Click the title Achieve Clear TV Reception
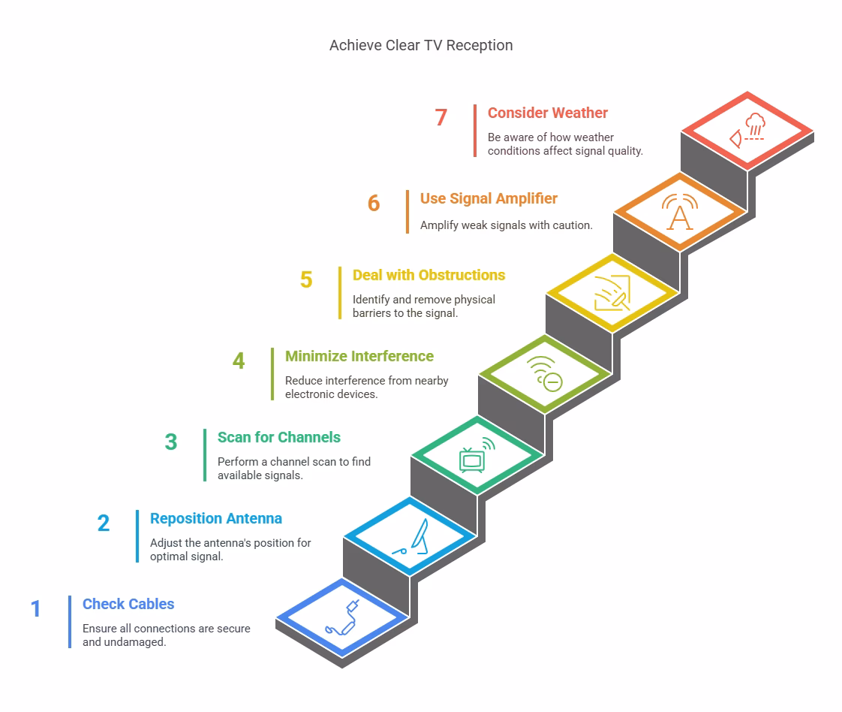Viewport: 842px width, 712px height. point(421,45)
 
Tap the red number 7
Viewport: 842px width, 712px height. point(441,118)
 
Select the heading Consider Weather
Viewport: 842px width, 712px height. point(547,113)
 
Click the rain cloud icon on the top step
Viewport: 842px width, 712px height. point(747,130)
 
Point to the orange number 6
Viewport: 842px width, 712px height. point(374,204)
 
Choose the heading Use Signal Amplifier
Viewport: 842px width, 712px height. point(489,198)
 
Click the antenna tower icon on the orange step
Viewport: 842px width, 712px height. point(680,212)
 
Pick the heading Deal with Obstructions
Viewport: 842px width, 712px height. point(429,275)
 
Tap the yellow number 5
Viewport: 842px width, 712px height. point(306,280)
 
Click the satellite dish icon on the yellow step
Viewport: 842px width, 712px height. point(612,293)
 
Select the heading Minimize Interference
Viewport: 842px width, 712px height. point(359,356)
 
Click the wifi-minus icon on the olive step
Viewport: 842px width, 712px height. point(546,374)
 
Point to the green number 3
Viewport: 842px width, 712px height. point(171,442)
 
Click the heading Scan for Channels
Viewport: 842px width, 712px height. point(278,437)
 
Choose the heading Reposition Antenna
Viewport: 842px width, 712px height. point(215,518)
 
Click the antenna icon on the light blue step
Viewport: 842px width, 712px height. point(410,537)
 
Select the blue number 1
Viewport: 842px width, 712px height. point(35,609)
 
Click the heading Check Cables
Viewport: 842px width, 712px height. point(128,604)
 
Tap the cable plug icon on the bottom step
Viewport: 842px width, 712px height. point(342,618)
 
